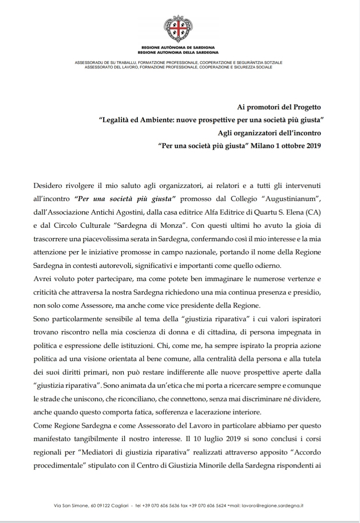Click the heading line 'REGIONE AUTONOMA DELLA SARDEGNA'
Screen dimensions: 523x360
[178, 53]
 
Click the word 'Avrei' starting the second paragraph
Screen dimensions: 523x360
[42, 279]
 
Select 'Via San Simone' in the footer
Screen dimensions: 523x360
[71, 505]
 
